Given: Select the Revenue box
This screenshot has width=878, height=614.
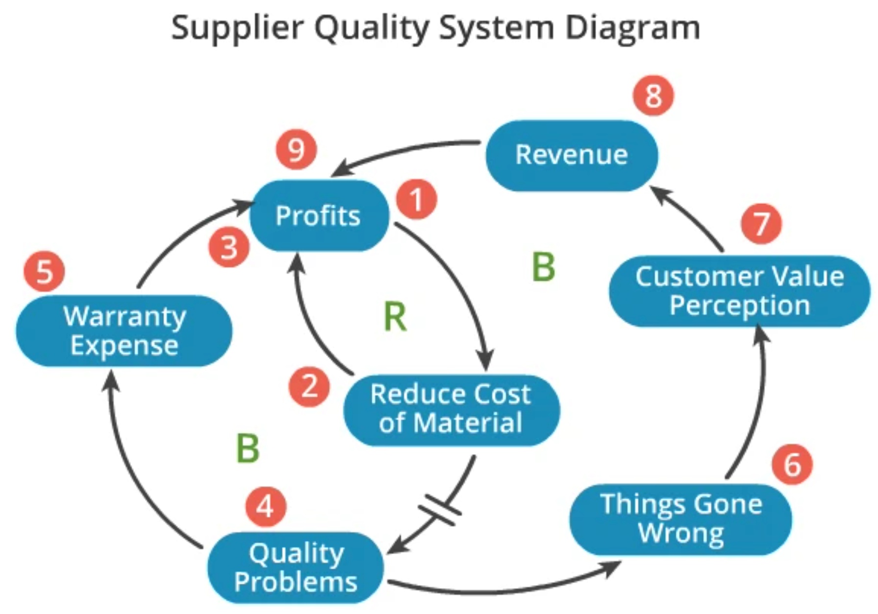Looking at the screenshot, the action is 572,155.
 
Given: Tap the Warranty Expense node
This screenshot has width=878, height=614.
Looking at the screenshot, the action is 124,331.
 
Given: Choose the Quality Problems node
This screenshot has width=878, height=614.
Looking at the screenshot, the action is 295,567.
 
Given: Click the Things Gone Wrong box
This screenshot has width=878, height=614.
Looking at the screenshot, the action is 680,519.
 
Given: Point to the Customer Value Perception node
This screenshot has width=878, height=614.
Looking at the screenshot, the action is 739,291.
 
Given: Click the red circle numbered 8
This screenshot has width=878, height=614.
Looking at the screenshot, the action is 653,96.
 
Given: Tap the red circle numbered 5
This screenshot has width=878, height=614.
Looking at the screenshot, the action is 44,272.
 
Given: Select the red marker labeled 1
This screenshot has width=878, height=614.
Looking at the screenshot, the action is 416,199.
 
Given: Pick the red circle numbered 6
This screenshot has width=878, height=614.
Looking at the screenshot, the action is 792,464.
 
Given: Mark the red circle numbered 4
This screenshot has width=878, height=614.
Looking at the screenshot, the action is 266,506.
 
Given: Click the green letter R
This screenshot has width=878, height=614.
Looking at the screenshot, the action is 395,317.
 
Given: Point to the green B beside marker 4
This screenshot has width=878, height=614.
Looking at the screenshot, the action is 248,448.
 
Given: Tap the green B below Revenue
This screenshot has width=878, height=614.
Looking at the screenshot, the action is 544,267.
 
